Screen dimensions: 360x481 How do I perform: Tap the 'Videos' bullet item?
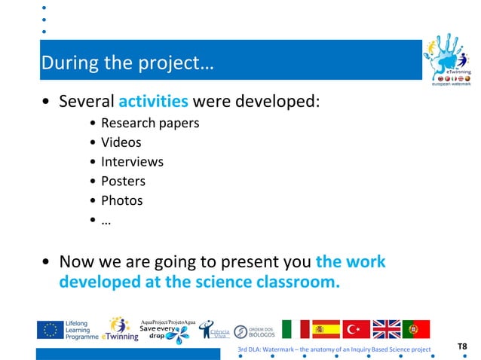click(x=121, y=142)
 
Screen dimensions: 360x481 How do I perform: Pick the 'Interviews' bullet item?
click(x=132, y=161)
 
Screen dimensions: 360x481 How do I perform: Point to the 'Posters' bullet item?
click(x=123, y=181)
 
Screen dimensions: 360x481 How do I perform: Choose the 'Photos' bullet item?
click(x=121, y=200)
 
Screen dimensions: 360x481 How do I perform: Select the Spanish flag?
click(x=326, y=330)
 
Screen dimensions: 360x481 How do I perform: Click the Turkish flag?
click(x=356, y=330)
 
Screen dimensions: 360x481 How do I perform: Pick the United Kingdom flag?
click(x=386, y=330)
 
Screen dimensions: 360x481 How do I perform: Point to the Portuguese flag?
click(x=415, y=330)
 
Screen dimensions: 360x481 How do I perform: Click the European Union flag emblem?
click(x=51, y=330)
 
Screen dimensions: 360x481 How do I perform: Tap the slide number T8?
click(x=461, y=346)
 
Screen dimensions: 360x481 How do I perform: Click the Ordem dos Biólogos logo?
click(x=254, y=331)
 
